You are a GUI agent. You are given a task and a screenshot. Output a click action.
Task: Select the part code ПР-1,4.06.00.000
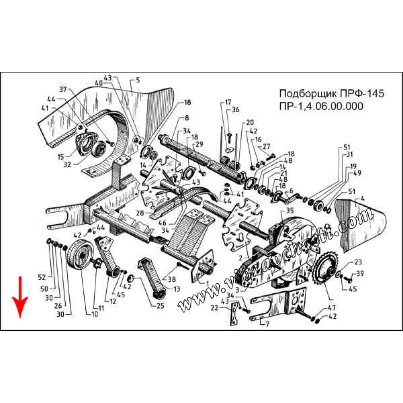pyautogui.click(x=321, y=106)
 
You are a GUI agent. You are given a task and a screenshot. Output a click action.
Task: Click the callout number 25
pyautogui.click(x=160, y=305)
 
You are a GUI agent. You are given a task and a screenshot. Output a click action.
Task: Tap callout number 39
pyautogui.click(x=360, y=274)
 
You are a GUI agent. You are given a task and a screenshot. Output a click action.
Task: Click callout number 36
pyautogui.click(x=236, y=109)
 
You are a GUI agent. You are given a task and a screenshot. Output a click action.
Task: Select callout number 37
pyautogui.click(x=63, y=89)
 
